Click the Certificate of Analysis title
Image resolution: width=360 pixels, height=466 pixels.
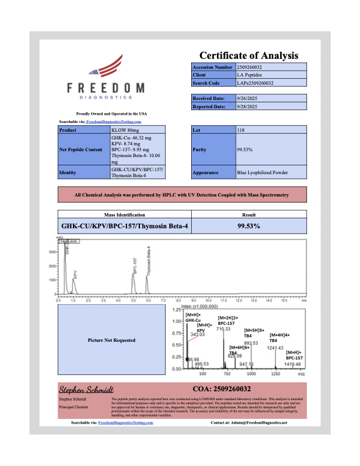point(248,55)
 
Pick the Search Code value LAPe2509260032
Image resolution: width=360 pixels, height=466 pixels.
point(256,83)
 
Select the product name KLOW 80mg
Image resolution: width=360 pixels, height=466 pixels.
point(125,129)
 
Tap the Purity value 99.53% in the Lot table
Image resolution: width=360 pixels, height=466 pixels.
point(245,149)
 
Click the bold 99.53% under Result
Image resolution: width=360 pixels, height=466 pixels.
point(249,225)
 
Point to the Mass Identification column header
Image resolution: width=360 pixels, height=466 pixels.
point(125,215)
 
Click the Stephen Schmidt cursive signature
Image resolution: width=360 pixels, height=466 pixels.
point(82,390)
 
